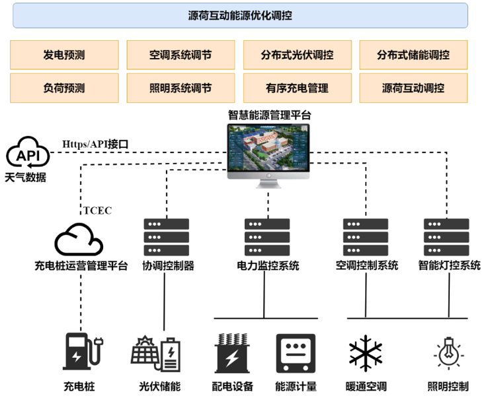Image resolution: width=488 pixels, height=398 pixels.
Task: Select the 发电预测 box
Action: click(64, 55)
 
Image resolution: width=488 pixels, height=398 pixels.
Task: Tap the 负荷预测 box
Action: click(64, 88)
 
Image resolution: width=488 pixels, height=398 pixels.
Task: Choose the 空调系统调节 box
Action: click(181, 55)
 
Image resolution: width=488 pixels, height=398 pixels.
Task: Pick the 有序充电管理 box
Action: click(297, 88)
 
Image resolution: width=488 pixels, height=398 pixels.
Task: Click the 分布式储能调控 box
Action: click(413, 55)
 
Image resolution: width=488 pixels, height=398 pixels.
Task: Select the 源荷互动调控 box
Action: click(413, 88)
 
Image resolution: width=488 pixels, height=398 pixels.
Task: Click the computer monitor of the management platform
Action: click(269, 153)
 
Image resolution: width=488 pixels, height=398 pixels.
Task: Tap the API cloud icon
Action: click(28, 154)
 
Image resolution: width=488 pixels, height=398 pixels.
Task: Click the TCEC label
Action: click(98, 211)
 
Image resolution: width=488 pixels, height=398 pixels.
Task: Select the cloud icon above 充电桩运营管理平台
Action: click(79, 240)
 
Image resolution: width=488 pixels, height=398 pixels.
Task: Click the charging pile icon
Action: click(80, 351)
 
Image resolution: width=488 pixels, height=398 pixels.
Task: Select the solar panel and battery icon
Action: click(156, 354)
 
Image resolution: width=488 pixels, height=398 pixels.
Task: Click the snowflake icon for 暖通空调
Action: click(366, 353)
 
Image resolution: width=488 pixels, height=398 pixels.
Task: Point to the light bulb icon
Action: click(448, 352)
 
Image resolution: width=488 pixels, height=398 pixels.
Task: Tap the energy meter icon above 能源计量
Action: click(296, 353)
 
